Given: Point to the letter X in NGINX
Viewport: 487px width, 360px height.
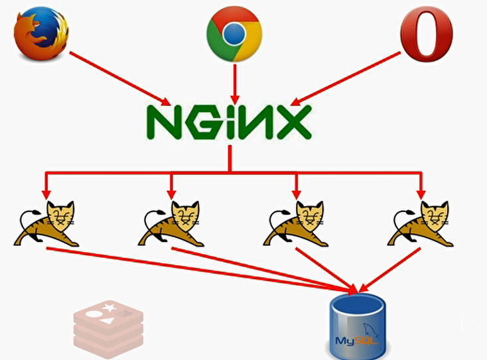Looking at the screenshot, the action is (289, 121).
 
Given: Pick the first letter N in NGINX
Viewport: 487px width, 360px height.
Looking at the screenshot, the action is (163, 121).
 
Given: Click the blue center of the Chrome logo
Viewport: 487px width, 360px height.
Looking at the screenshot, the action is (234, 34).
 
